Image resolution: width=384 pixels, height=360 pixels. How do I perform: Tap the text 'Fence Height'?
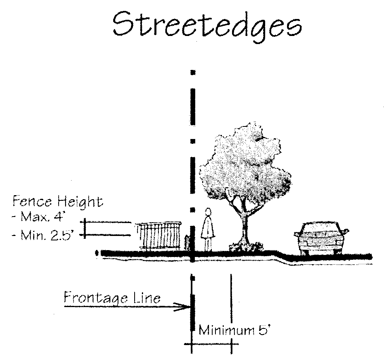click(57, 201)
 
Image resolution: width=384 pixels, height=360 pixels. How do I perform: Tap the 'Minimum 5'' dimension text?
click(234, 331)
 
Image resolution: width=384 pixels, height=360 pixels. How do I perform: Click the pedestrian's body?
click(208, 230)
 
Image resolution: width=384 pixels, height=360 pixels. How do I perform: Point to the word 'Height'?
click(80, 201)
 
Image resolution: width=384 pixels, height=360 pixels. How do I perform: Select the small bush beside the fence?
click(187, 244)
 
